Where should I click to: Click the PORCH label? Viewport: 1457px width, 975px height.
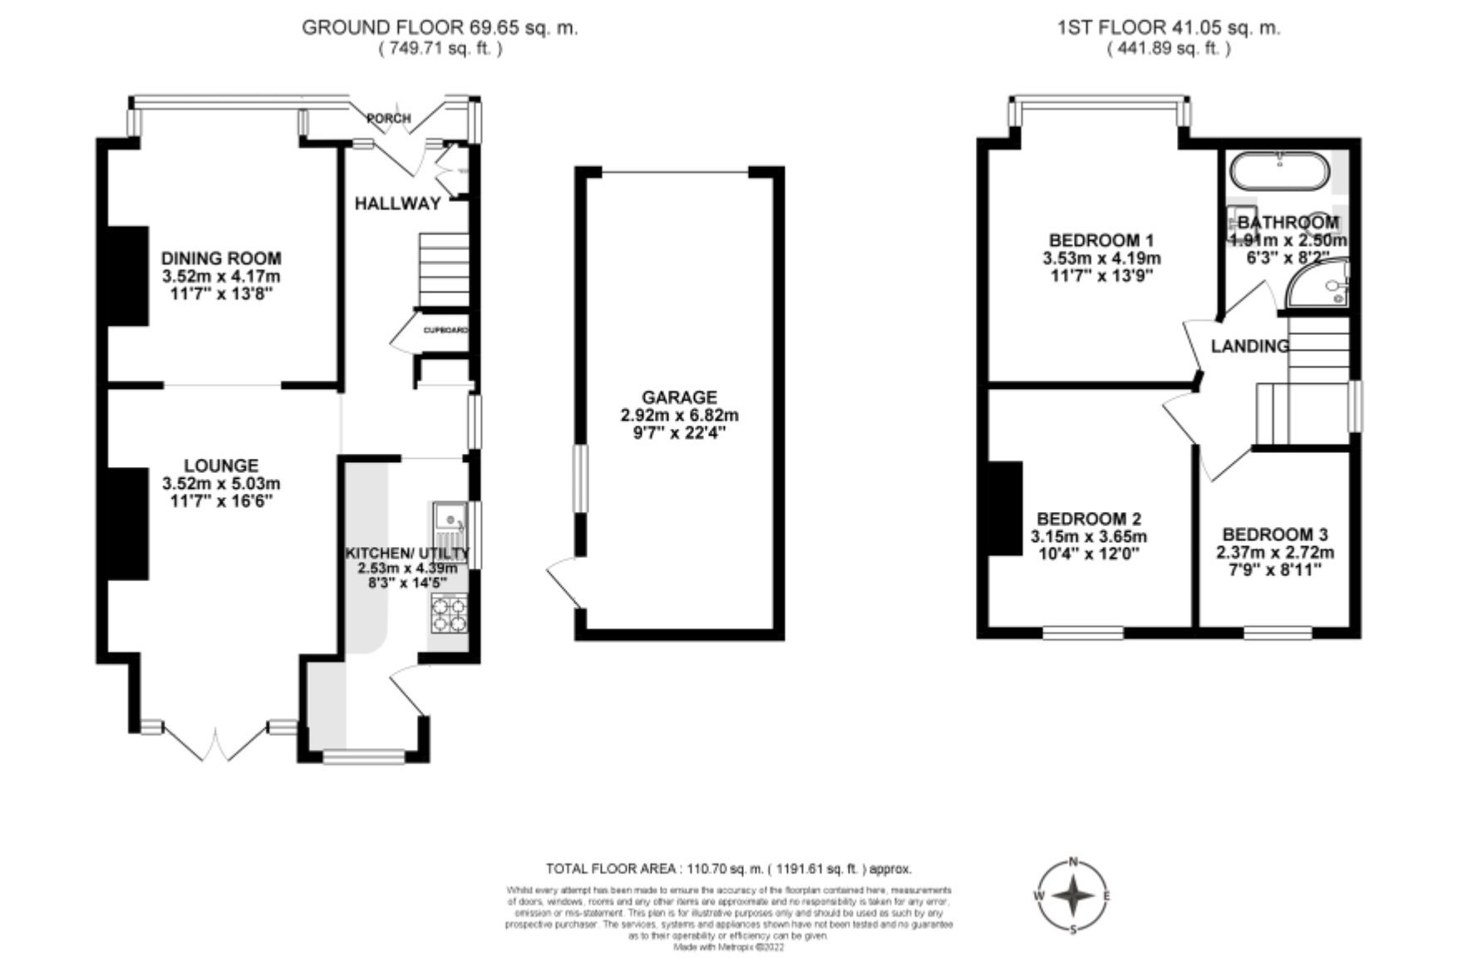pyautogui.click(x=389, y=119)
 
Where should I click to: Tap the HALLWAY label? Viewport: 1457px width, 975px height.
pyautogui.click(x=397, y=204)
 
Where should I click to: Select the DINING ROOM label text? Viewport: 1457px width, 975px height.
pyautogui.click(x=221, y=259)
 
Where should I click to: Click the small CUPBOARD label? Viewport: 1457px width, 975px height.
pyautogui.click(x=445, y=331)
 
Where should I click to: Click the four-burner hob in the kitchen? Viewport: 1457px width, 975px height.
pyautogui.click(x=449, y=614)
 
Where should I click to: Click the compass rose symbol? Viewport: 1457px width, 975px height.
pyautogui.click(x=1073, y=896)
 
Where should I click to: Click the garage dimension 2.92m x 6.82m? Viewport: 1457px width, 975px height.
pyautogui.click(x=679, y=416)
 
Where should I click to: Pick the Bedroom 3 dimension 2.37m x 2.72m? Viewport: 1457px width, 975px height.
pyautogui.click(x=1275, y=553)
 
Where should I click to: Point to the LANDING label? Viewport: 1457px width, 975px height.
pyautogui.click(x=1249, y=347)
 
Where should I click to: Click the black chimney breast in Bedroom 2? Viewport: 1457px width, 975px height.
pyautogui.click(x=1005, y=508)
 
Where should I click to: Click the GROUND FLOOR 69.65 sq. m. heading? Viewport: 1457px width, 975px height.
pyautogui.click(x=439, y=27)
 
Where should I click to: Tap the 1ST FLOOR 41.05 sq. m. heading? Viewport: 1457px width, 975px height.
pyautogui.click(x=1168, y=27)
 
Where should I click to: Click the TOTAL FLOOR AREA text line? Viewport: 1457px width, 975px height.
pyautogui.click(x=728, y=869)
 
